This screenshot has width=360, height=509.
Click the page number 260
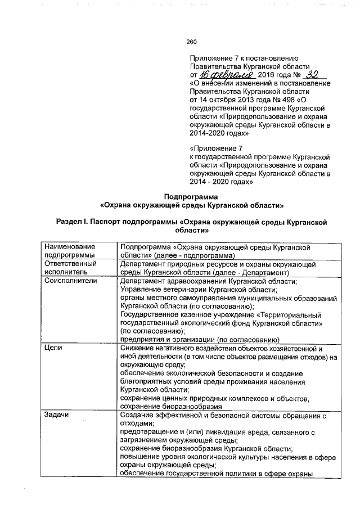click(x=191, y=41)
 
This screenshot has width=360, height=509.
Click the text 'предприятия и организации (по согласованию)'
click(x=200, y=340)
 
